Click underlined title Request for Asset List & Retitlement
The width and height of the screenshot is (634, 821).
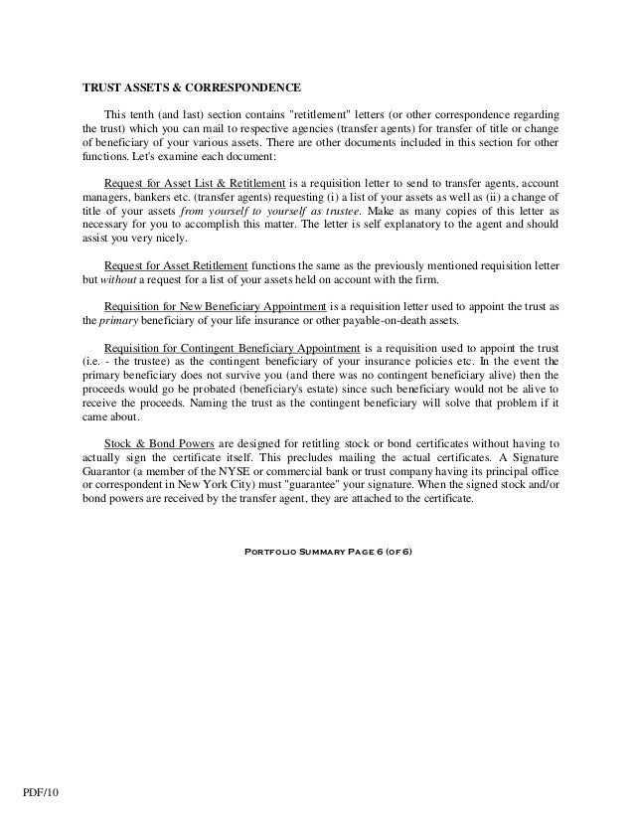(195, 185)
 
